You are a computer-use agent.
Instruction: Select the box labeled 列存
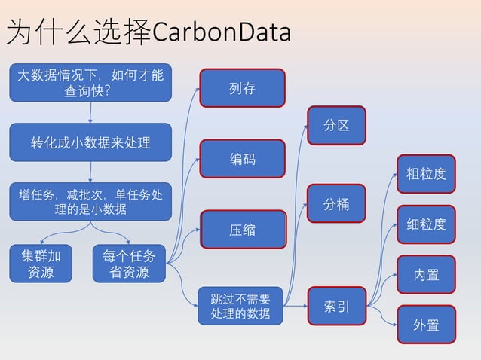(242, 88)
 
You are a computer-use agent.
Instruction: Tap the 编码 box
(242, 159)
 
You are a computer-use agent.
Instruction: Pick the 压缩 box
(242, 230)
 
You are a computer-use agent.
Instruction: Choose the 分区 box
(336, 125)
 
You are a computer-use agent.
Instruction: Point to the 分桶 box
(336, 203)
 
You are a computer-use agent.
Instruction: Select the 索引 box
(336, 307)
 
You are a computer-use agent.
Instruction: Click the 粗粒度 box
(427, 174)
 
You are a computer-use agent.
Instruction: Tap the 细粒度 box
(427, 224)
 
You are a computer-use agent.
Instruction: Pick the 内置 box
(427, 274)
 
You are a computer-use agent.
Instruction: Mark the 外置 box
(427, 325)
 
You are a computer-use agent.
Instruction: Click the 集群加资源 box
(41, 264)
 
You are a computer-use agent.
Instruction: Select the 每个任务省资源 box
(129, 264)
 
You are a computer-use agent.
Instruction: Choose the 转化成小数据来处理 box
(90, 142)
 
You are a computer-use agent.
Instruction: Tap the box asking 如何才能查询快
(90, 82)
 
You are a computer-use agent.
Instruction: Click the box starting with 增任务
(90, 201)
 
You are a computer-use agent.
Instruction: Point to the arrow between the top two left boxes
(90, 112)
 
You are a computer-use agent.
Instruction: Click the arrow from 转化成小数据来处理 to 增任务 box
(90, 172)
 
